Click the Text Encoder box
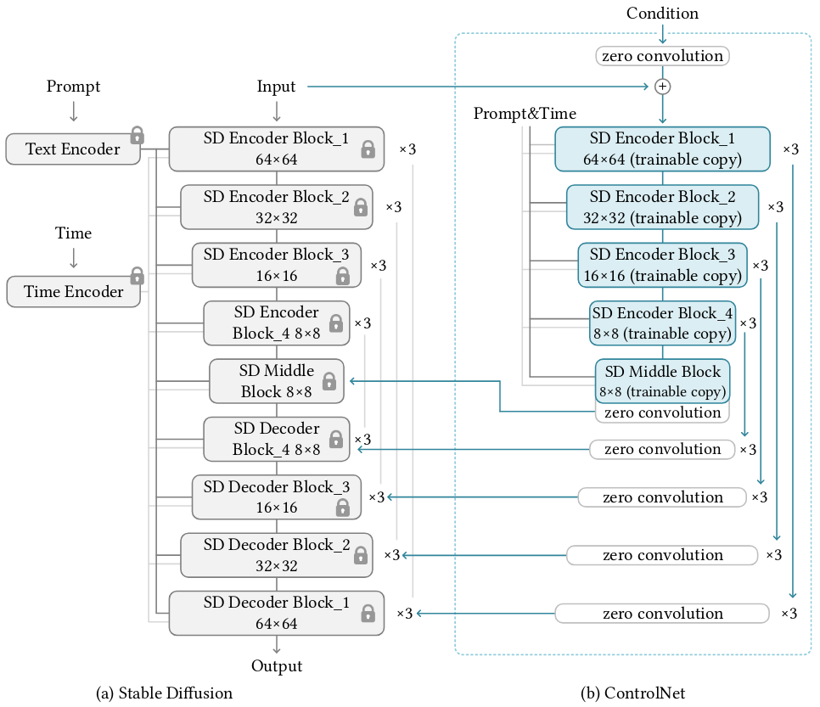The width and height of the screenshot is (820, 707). (x=73, y=149)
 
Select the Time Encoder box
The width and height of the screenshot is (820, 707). (x=73, y=292)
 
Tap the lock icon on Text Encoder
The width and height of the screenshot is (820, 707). (x=137, y=134)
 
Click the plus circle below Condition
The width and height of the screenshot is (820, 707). (x=663, y=87)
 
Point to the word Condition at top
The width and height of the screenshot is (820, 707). (x=662, y=14)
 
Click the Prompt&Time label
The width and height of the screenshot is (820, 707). (x=525, y=113)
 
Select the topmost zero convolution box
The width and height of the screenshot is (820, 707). (x=663, y=57)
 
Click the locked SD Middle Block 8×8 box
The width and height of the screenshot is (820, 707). (x=276, y=381)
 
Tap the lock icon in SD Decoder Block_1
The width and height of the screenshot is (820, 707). (x=368, y=613)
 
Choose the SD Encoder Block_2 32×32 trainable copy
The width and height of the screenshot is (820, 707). (x=662, y=207)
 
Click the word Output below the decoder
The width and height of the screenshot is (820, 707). (x=277, y=666)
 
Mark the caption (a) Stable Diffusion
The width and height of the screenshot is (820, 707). (x=165, y=693)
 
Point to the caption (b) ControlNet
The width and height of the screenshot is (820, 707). (x=632, y=693)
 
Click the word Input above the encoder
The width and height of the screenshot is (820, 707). (x=276, y=87)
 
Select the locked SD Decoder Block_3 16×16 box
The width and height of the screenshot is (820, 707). (x=276, y=497)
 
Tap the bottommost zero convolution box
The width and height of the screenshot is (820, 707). (x=663, y=614)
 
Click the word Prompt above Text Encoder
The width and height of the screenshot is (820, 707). (x=73, y=87)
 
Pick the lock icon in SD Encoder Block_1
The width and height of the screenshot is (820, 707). (x=368, y=150)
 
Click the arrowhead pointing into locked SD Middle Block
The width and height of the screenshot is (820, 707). (x=350, y=381)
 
